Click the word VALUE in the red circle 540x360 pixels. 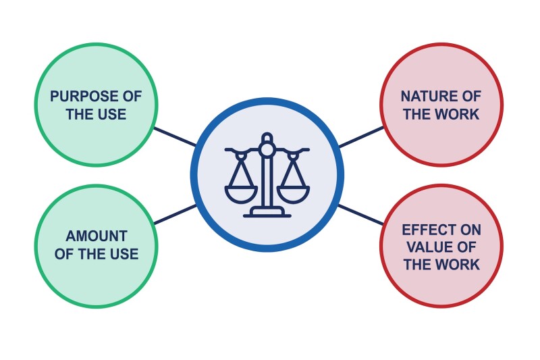click(x=423, y=247)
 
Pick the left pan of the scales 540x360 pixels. click(x=242, y=194)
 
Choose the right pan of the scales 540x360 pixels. click(x=293, y=194)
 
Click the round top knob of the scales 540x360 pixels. click(x=267, y=138)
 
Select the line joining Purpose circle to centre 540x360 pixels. click(x=175, y=136)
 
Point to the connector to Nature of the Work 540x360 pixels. click(x=360, y=136)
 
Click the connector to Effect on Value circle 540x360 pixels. click(x=360, y=215)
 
